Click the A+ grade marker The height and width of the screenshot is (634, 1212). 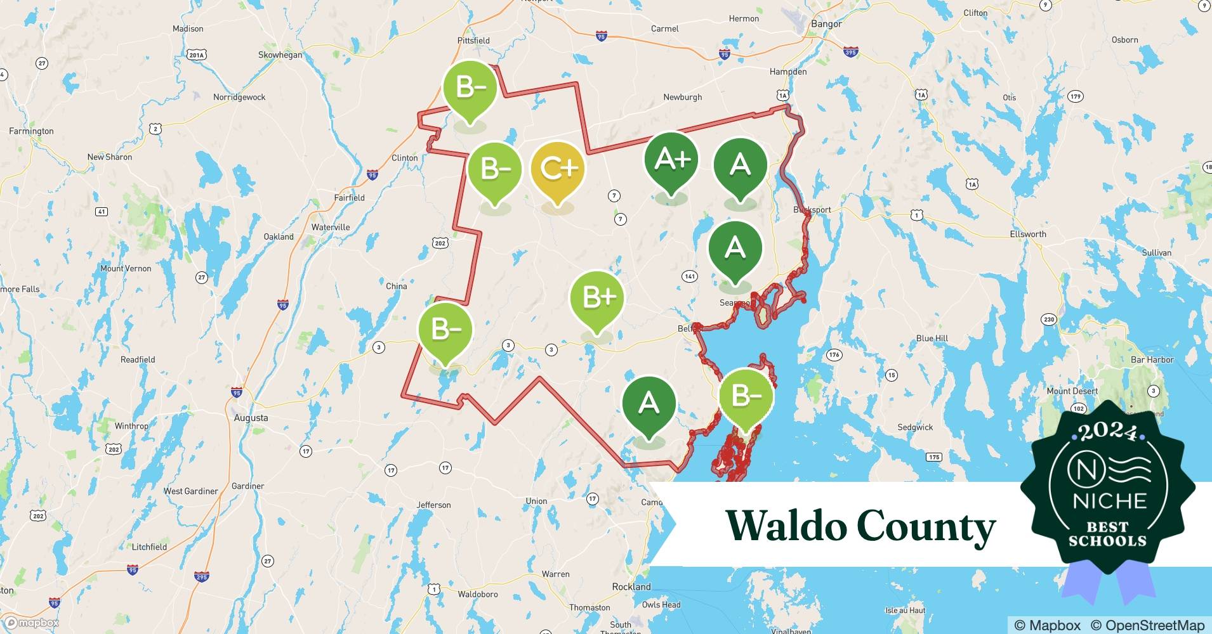pyautogui.click(x=671, y=160)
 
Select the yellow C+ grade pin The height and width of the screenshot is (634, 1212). pyautogui.click(x=557, y=169)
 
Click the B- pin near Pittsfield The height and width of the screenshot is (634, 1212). pyautogui.click(x=470, y=87)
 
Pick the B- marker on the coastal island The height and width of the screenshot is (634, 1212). pyautogui.click(x=746, y=396)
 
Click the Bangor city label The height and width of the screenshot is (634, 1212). pyautogui.click(x=826, y=24)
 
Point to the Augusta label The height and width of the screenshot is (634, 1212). pyautogui.click(x=251, y=418)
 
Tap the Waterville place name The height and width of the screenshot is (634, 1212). pyautogui.click(x=331, y=227)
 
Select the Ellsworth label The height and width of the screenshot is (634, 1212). pyautogui.click(x=1027, y=234)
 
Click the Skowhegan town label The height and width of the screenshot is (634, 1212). pyautogui.click(x=280, y=55)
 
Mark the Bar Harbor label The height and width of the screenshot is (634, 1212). pyautogui.click(x=1152, y=359)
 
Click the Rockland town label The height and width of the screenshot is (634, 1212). pyautogui.click(x=631, y=586)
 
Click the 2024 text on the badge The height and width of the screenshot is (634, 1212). pyautogui.click(x=1108, y=432)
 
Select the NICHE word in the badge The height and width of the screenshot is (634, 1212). pyautogui.click(x=1109, y=501)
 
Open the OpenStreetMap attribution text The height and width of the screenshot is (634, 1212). pyautogui.click(x=1147, y=625)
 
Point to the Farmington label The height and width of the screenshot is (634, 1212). pyautogui.click(x=31, y=131)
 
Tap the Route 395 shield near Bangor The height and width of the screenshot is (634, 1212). pyautogui.click(x=851, y=53)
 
